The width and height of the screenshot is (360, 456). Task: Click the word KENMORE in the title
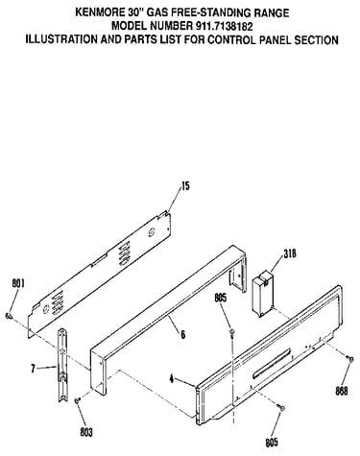coord(98,12)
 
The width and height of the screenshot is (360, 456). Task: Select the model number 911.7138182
coord(223,26)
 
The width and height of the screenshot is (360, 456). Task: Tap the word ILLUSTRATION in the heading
coord(61,39)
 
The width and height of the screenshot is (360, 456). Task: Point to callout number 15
coord(185,185)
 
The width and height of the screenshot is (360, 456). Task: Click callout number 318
coord(290,253)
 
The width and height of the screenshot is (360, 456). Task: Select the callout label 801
coord(18,283)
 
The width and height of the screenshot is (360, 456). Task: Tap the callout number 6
coord(182,335)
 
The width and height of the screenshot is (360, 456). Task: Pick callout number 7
coord(33,369)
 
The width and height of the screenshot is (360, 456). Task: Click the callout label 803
coord(86,433)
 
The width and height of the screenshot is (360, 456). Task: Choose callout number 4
coord(172,379)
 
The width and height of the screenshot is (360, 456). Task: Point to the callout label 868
coord(342,391)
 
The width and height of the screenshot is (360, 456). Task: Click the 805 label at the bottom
coord(272,443)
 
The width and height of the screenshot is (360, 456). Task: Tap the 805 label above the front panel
coord(220,298)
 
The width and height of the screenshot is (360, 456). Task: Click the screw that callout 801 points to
coord(10,316)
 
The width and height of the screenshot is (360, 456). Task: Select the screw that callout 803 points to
coord(77,400)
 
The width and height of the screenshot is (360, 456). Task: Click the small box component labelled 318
coord(262,293)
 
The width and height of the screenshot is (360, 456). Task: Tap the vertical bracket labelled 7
coord(62,365)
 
